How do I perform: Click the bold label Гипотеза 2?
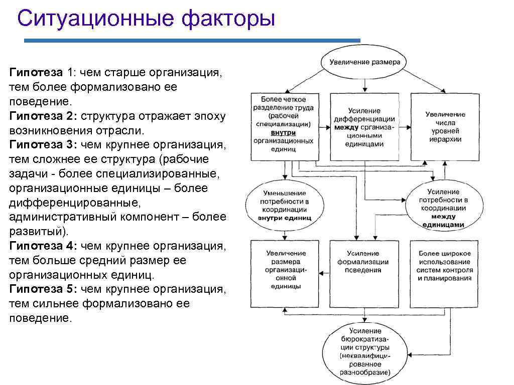point(43,116)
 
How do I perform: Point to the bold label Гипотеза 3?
point(43,145)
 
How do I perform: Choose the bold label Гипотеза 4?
point(43,246)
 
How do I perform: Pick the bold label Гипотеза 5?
point(43,289)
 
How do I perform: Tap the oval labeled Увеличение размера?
point(364,62)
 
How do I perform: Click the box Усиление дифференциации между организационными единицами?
point(364,126)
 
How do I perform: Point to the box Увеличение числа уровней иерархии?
point(445,126)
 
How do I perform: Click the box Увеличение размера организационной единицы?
point(284,273)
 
